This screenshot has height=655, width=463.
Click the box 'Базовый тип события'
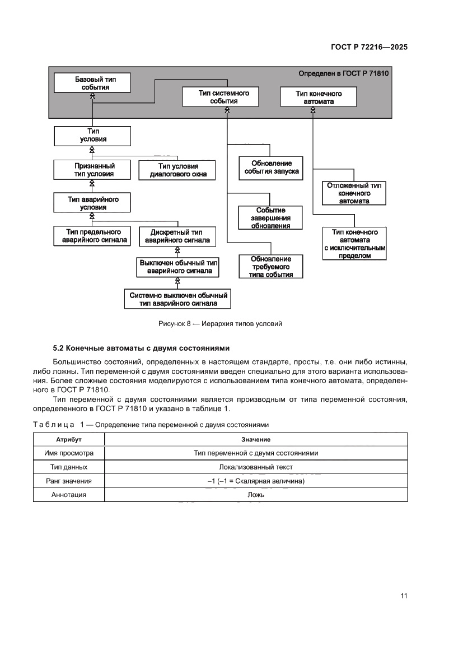click(x=92, y=83)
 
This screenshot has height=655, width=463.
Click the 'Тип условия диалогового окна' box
click(x=178, y=170)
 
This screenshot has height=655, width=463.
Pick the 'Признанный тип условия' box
click(x=92, y=170)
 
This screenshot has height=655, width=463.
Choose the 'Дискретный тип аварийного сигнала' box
click(x=177, y=236)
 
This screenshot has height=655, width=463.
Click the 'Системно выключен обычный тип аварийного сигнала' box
click(x=178, y=299)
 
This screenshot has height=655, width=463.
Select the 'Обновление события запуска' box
click(x=271, y=168)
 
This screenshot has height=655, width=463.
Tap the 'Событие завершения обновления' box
click(x=271, y=218)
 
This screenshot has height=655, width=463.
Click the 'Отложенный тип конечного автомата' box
click(x=354, y=193)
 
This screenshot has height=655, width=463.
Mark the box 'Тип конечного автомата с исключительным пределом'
click(x=354, y=243)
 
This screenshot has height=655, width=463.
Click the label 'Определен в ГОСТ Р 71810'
click(x=344, y=73)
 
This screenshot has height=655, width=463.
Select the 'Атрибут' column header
click(x=69, y=440)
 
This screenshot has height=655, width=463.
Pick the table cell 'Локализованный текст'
click(x=256, y=467)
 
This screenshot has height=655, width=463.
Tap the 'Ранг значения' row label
click(x=69, y=481)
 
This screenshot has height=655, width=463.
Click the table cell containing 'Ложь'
click(x=256, y=495)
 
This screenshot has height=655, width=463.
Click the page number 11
click(x=403, y=596)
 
